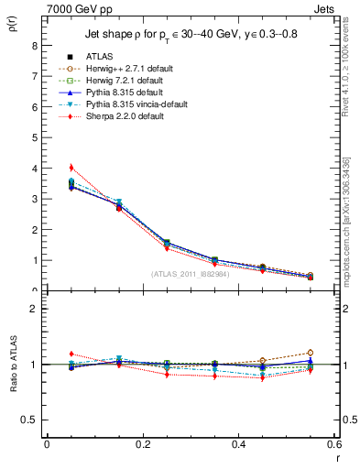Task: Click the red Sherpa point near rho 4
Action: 71,168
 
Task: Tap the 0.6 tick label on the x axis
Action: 334,444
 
